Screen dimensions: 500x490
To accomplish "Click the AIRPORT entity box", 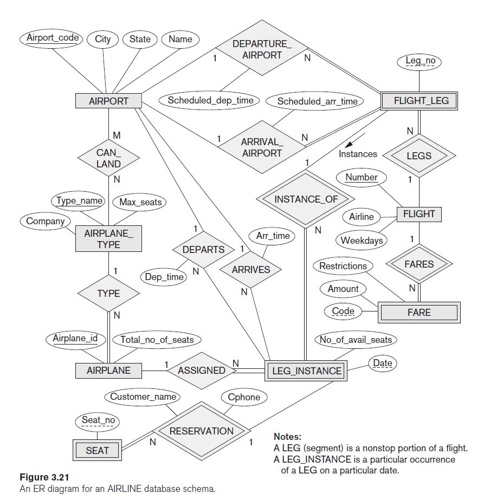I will (108, 101).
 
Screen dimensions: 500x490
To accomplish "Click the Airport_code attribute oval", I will (53, 38).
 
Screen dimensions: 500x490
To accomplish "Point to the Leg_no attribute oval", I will (421, 61).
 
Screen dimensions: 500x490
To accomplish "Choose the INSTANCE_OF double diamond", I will (306, 199).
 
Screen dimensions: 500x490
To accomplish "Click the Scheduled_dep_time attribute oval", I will (210, 100).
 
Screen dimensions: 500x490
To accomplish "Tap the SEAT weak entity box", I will (97, 450).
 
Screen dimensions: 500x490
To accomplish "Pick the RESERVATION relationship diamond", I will (201, 431).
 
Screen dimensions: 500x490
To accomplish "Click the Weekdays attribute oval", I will (362, 241).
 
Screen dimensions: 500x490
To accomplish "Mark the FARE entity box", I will (419, 313).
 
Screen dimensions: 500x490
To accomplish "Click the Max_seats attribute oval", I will (140, 203).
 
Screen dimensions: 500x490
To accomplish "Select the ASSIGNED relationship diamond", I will (201, 371).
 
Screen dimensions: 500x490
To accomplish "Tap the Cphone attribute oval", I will (244, 397).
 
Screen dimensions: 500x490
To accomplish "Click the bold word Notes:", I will (287, 437).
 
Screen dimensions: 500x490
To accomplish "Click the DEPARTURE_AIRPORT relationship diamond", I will (262, 49).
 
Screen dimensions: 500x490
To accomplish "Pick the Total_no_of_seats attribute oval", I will (157, 340).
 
